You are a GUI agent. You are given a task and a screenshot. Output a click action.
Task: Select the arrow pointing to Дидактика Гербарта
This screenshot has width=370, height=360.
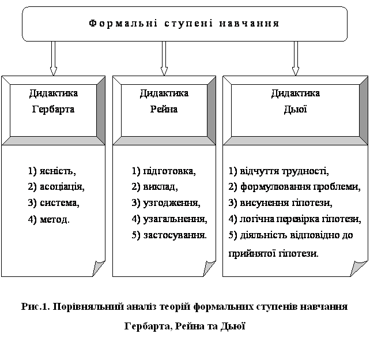(54, 58)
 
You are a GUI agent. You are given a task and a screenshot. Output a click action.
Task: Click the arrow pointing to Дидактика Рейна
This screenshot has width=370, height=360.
(164, 58)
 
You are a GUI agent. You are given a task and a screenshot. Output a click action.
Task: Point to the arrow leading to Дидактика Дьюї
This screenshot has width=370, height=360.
(296, 58)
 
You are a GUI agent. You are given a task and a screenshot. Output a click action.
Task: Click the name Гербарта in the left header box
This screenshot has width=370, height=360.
(54, 109)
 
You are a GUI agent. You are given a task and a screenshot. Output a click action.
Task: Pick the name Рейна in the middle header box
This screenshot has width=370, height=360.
(164, 109)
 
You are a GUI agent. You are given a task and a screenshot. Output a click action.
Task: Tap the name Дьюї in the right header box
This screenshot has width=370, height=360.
(296, 109)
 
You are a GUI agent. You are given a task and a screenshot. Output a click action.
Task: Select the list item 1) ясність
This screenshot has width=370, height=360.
(52, 171)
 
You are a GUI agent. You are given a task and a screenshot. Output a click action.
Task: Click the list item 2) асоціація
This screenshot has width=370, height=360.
(56, 187)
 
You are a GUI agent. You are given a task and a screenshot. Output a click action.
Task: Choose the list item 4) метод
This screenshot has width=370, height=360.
(48, 219)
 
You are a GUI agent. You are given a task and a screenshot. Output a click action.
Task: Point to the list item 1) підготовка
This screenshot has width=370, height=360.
(164, 171)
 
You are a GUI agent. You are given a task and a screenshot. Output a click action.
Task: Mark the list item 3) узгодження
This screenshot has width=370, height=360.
(166, 203)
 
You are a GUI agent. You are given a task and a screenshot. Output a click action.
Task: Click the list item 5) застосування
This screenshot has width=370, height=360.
(169, 235)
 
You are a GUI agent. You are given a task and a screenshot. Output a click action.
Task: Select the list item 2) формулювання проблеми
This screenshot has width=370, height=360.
(295, 187)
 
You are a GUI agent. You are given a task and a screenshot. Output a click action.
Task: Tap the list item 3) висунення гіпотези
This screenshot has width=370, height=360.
(280, 203)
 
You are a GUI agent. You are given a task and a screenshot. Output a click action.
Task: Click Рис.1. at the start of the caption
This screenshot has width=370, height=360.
(35, 306)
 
